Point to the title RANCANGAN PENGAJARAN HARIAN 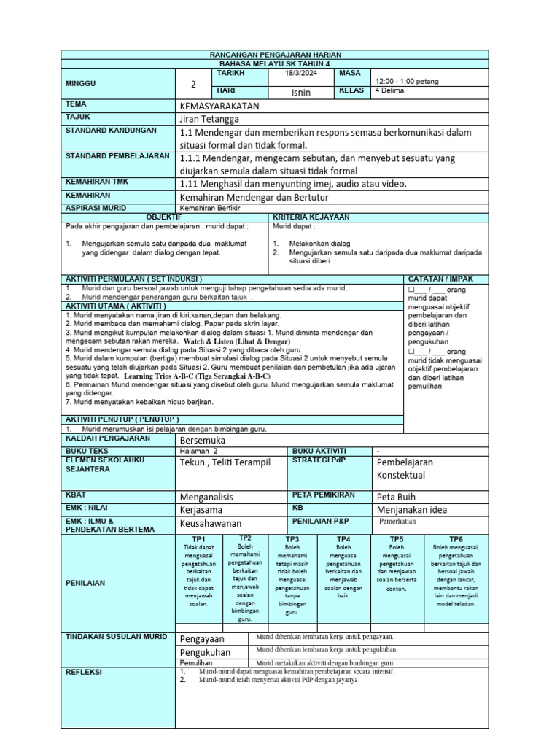click(x=276, y=55)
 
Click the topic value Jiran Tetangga click(x=209, y=119)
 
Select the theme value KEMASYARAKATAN click(x=219, y=106)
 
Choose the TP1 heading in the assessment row click(x=198, y=538)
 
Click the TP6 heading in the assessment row click(x=456, y=538)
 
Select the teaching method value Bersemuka click(x=202, y=441)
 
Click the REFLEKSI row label click(x=84, y=671)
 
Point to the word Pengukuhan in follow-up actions click(x=205, y=651)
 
